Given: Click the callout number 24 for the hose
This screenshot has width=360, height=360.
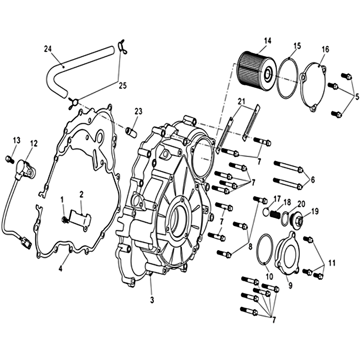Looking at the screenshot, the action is [48, 49].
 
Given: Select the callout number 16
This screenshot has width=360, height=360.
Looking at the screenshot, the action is [325, 49].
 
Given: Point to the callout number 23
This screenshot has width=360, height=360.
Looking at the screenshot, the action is [139, 111].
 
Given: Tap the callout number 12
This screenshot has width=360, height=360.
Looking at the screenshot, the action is [33, 144].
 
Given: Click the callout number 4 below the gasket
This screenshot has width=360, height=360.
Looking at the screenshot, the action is [60, 268].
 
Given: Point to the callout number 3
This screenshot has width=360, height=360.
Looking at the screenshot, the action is [152, 300].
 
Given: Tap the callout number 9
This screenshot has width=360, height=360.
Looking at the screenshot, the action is [290, 285].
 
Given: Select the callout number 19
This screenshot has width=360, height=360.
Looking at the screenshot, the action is [315, 211].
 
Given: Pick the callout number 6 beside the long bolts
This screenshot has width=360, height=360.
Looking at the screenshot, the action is [313, 180].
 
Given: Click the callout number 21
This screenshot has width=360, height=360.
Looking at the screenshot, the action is [242, 101].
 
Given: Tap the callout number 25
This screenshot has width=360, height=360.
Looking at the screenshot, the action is [123, 85].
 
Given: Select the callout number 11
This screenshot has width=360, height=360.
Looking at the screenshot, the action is [332, 263].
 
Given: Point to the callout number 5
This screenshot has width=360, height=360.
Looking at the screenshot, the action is [357, 97].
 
